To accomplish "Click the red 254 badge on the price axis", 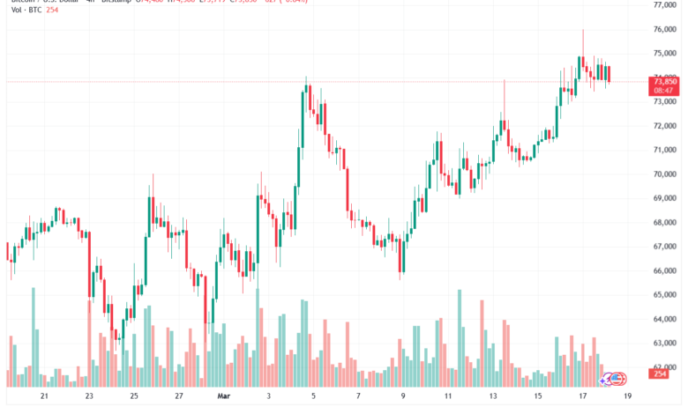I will click(658, 375).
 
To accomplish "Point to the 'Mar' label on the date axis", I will click(224, 397).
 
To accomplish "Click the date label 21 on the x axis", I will click(43, 397).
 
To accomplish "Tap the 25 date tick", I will click(133, 397).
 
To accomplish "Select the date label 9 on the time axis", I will click(402, 397).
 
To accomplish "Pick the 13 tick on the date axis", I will click(493, 397).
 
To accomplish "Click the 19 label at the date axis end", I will click(626, 397).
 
